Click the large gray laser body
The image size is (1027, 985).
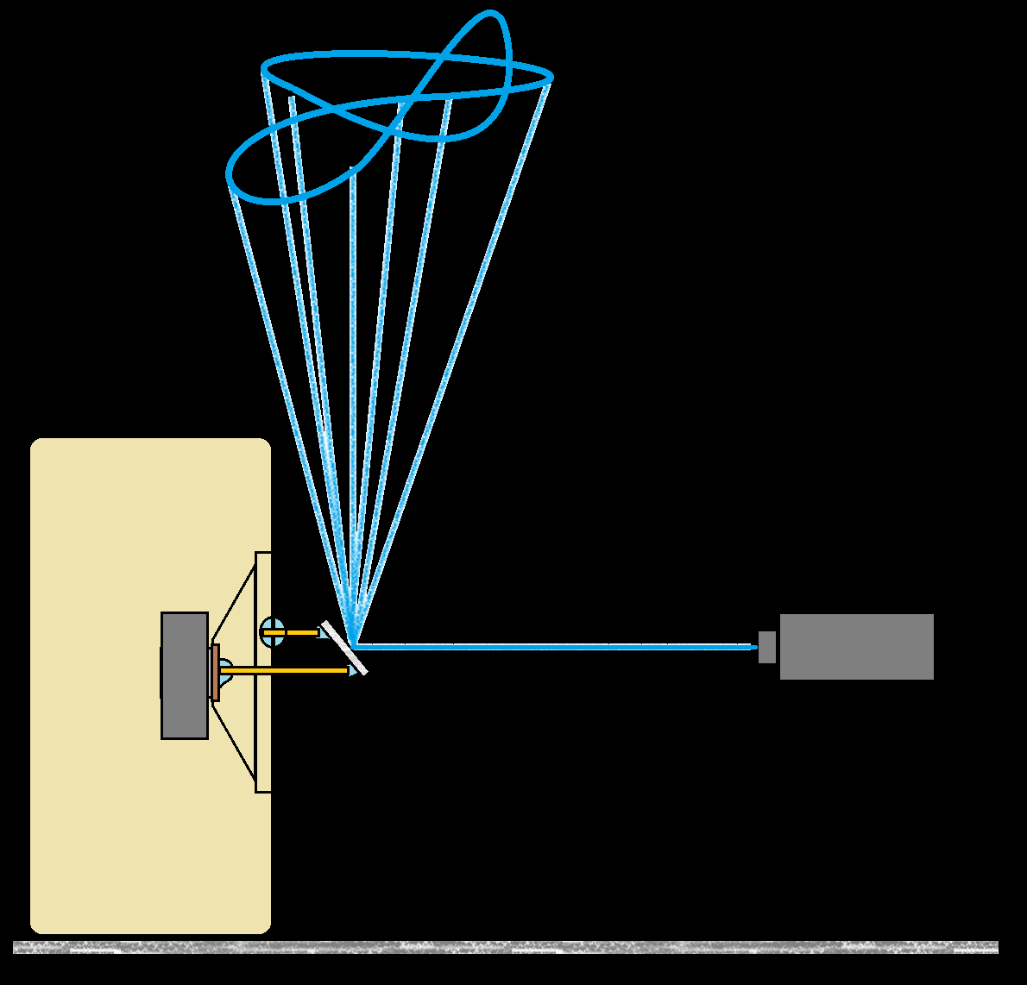856,647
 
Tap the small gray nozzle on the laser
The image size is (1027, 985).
766,647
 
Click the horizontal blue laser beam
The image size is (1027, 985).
552,646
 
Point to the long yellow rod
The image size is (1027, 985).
285,670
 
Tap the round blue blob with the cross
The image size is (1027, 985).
272,631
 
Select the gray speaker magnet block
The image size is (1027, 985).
185,675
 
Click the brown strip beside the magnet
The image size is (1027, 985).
215,672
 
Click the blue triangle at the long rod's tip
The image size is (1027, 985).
353,669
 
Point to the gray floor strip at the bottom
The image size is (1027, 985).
506,947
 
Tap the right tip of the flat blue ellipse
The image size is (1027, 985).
551,77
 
